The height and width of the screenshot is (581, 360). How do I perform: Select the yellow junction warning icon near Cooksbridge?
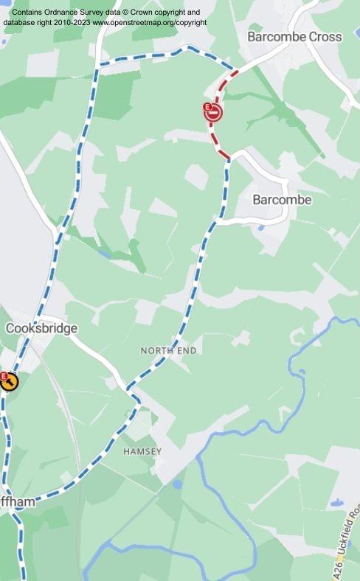pyautogui.click(x=10, y=382)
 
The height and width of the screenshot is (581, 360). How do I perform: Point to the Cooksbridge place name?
pyautogui.click(x=41, y=328)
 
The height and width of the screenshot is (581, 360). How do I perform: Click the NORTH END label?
pyautogui.click(x=169, y=351)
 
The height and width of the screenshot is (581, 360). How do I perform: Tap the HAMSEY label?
pyautogui.click(x=142, y=450)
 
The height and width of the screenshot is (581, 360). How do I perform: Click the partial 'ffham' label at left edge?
pyautogui.click(x=17, y=502)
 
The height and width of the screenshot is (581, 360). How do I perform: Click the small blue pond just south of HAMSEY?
pyautogui.click(x=177, y=484)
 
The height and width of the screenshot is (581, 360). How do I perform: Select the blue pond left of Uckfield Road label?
pyautogui.click(x=336, y=502)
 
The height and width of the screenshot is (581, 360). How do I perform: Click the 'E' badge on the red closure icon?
pyautogui.click(x=208, y=108)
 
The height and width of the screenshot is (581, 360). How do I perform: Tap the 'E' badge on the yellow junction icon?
pyautogui.click(x=3, y=376)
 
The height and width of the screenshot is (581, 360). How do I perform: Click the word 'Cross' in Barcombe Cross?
pyautogui.click(x=325, y=36)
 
